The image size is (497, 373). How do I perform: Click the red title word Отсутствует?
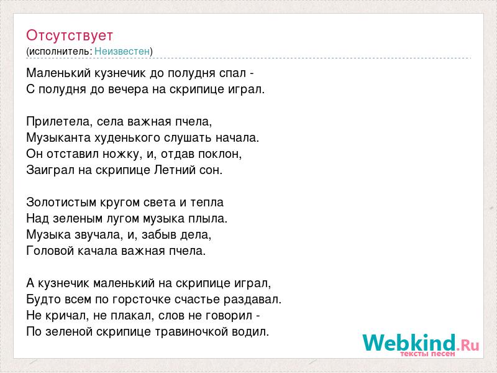pos(70,35)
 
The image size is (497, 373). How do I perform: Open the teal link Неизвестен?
pos(122,51)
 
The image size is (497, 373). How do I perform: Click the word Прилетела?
pos(58,121)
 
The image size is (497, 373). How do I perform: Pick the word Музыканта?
pos(58,137)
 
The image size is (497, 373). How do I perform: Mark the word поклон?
pos(220,154)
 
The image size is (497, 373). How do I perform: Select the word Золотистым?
pos(62,203)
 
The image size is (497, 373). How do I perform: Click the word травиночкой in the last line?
pos(191,332)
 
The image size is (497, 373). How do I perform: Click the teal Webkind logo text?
pos(409,343)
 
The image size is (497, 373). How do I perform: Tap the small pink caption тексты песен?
pos(427,354)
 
